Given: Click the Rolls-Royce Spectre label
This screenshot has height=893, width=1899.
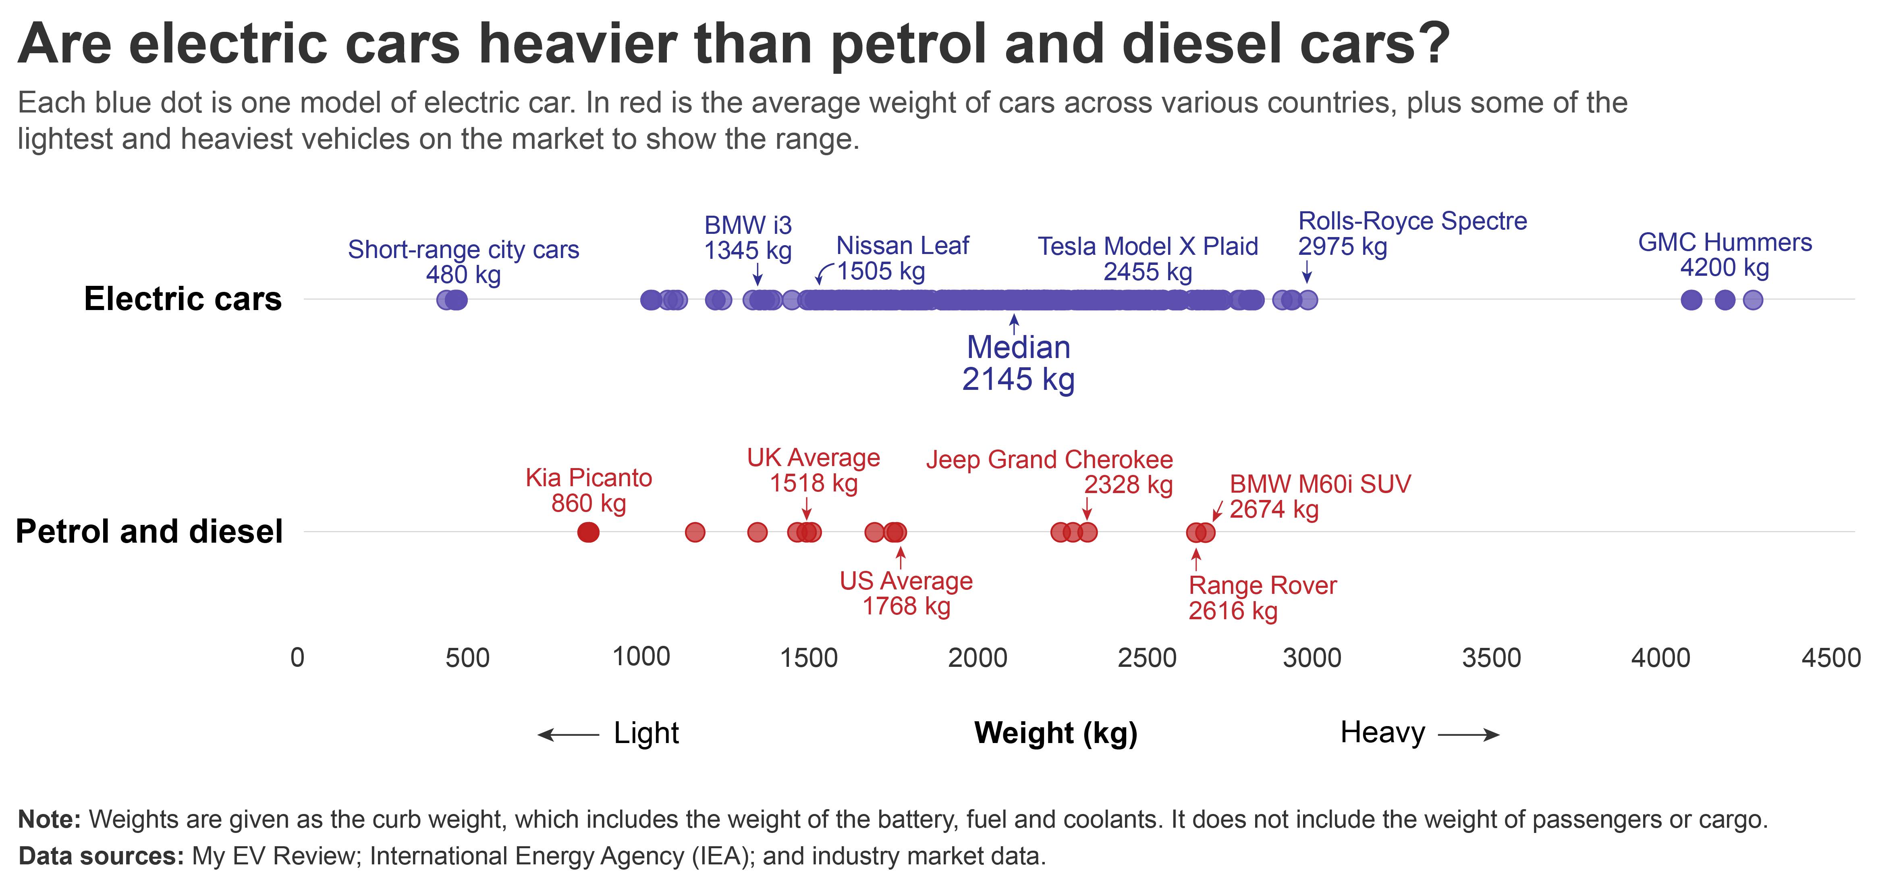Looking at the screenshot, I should pyautogui.click(x=1412, y=233).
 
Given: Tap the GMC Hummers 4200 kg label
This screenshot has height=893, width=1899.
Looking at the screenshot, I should pyautogui.click(x=1724, y=254).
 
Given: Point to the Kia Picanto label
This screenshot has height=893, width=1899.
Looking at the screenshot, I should pyautogui.click(x=588, y=490).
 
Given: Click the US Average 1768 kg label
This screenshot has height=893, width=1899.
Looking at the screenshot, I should pyautogui.click(x=906, y=593).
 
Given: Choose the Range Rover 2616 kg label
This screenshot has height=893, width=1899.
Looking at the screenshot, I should pyautogui.click(x=1262, y=598).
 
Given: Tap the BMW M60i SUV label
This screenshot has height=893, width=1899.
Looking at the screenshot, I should pyautogui.click(x=1320, y=496).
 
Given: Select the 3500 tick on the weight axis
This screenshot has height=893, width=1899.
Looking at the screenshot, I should pyautogui.click(x=1490, y=658).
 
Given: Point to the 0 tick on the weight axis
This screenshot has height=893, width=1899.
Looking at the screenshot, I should pyautogui.click(x=297, y=658).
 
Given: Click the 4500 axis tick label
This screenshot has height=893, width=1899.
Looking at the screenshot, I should pyautogui.click(x=1831, y=658).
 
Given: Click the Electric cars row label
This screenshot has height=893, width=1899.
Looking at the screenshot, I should pyautogui.click(x=183, y=299).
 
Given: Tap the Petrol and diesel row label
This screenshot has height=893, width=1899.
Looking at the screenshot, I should pyautogui.click(x=149, y=531).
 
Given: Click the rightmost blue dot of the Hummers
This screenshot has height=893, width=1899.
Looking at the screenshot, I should pyautogui.click(x=1753, y=300).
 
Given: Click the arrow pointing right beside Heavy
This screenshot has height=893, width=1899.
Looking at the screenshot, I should pyautogui.click(x=1469, y=735).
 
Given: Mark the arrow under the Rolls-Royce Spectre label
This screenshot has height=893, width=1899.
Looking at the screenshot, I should pyautogui.click(x=1307, y=273).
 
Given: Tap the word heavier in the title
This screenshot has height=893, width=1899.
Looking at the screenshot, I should pyautogui.click(x=578, y=44).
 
